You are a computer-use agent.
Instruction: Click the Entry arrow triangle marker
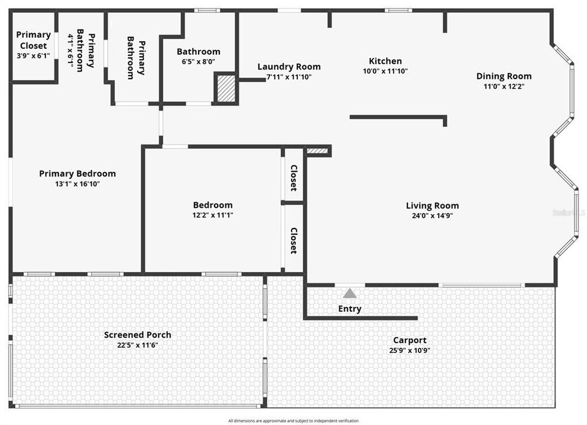click(x=350, y=293)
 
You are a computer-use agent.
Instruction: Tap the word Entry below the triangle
click(x=349, y=309)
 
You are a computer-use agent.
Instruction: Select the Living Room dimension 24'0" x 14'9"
click(x=432, y=215)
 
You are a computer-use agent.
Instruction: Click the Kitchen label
click(x=385, y=61)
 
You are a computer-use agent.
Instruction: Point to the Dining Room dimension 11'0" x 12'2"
click(x=504, y=86)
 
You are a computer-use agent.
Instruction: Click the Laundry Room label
click(x=289, y=67)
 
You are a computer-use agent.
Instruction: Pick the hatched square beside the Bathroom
click(x=225, y=88)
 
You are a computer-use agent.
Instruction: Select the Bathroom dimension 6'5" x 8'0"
click(x=198, y=61)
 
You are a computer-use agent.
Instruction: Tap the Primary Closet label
click(x=33, y=40)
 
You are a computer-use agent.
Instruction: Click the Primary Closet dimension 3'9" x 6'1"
click(x=33, y=56)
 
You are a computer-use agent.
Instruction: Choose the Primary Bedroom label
click(x=77, y=174)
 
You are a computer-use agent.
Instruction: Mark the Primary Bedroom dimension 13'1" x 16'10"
click(x=77, y=184)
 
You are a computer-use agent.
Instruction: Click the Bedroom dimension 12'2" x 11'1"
click(x=213, y=215)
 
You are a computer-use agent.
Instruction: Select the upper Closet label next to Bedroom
click(x=293, y=178)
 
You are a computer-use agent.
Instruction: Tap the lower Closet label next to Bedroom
click(x=293, y=240)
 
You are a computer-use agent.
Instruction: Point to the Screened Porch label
click(x=137, y=335)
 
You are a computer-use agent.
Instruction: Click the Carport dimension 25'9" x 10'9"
click(x=410, y=350)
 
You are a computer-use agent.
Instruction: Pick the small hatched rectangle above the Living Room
click(x=317, y=151)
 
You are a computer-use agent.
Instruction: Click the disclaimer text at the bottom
click(x=293, y=421)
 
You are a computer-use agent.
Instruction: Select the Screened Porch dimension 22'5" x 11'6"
click(x=137, y=345)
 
